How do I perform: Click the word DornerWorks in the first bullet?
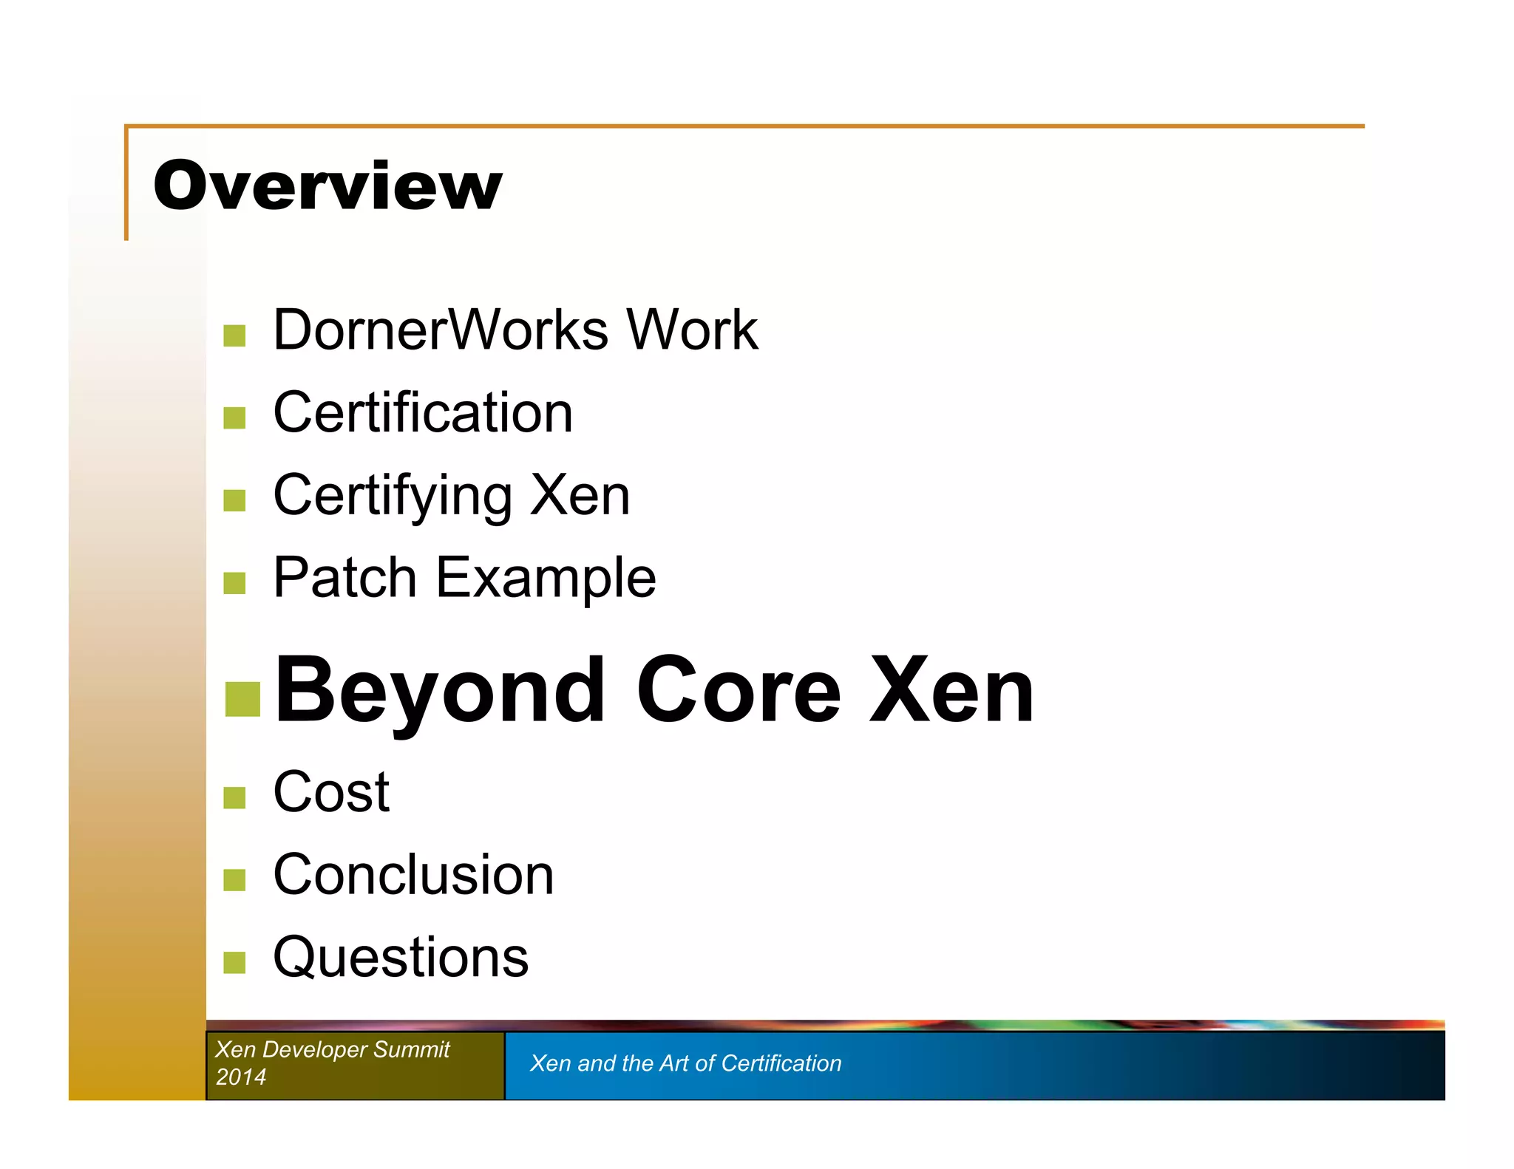click(441, 330)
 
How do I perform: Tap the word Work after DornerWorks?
click(692, 330)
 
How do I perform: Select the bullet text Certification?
click(423, 412)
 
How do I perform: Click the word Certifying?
click(393, 495)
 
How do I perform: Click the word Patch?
click(344, 578)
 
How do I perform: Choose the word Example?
click(546, 578)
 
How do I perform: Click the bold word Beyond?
click(440, 691)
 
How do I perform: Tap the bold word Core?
click(738, 691)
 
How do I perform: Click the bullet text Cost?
click(331, 792)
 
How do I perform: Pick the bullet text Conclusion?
click(413, 875)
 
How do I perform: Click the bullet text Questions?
click(401, 958)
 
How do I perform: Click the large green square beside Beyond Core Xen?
click(242, 699)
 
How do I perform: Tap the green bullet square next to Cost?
click(234, 798)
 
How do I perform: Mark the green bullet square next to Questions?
click(234, 963)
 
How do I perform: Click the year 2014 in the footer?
click(241, 1077)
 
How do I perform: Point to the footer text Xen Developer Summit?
click(333, 1049)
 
